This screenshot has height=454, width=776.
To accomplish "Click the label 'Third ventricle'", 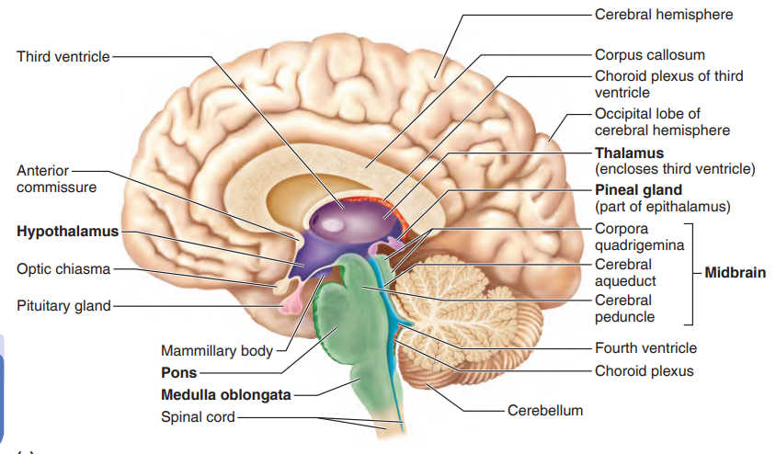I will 63,57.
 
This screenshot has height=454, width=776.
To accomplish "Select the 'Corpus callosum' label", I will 649,55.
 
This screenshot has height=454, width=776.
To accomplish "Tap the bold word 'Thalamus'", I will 629,153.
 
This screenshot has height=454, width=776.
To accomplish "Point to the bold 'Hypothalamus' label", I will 67,231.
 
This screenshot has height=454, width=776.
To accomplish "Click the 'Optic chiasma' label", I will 63,268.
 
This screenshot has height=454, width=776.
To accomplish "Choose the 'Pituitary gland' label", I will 63,305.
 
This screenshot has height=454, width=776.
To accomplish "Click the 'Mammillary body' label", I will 217,351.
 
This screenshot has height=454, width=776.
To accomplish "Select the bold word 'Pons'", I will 178,373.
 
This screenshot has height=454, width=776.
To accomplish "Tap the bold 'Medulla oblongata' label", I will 225,395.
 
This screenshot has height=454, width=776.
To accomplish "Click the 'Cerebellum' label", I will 545,410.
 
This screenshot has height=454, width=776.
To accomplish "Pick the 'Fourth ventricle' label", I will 645,348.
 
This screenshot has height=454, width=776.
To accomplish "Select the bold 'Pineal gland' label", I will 638,190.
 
